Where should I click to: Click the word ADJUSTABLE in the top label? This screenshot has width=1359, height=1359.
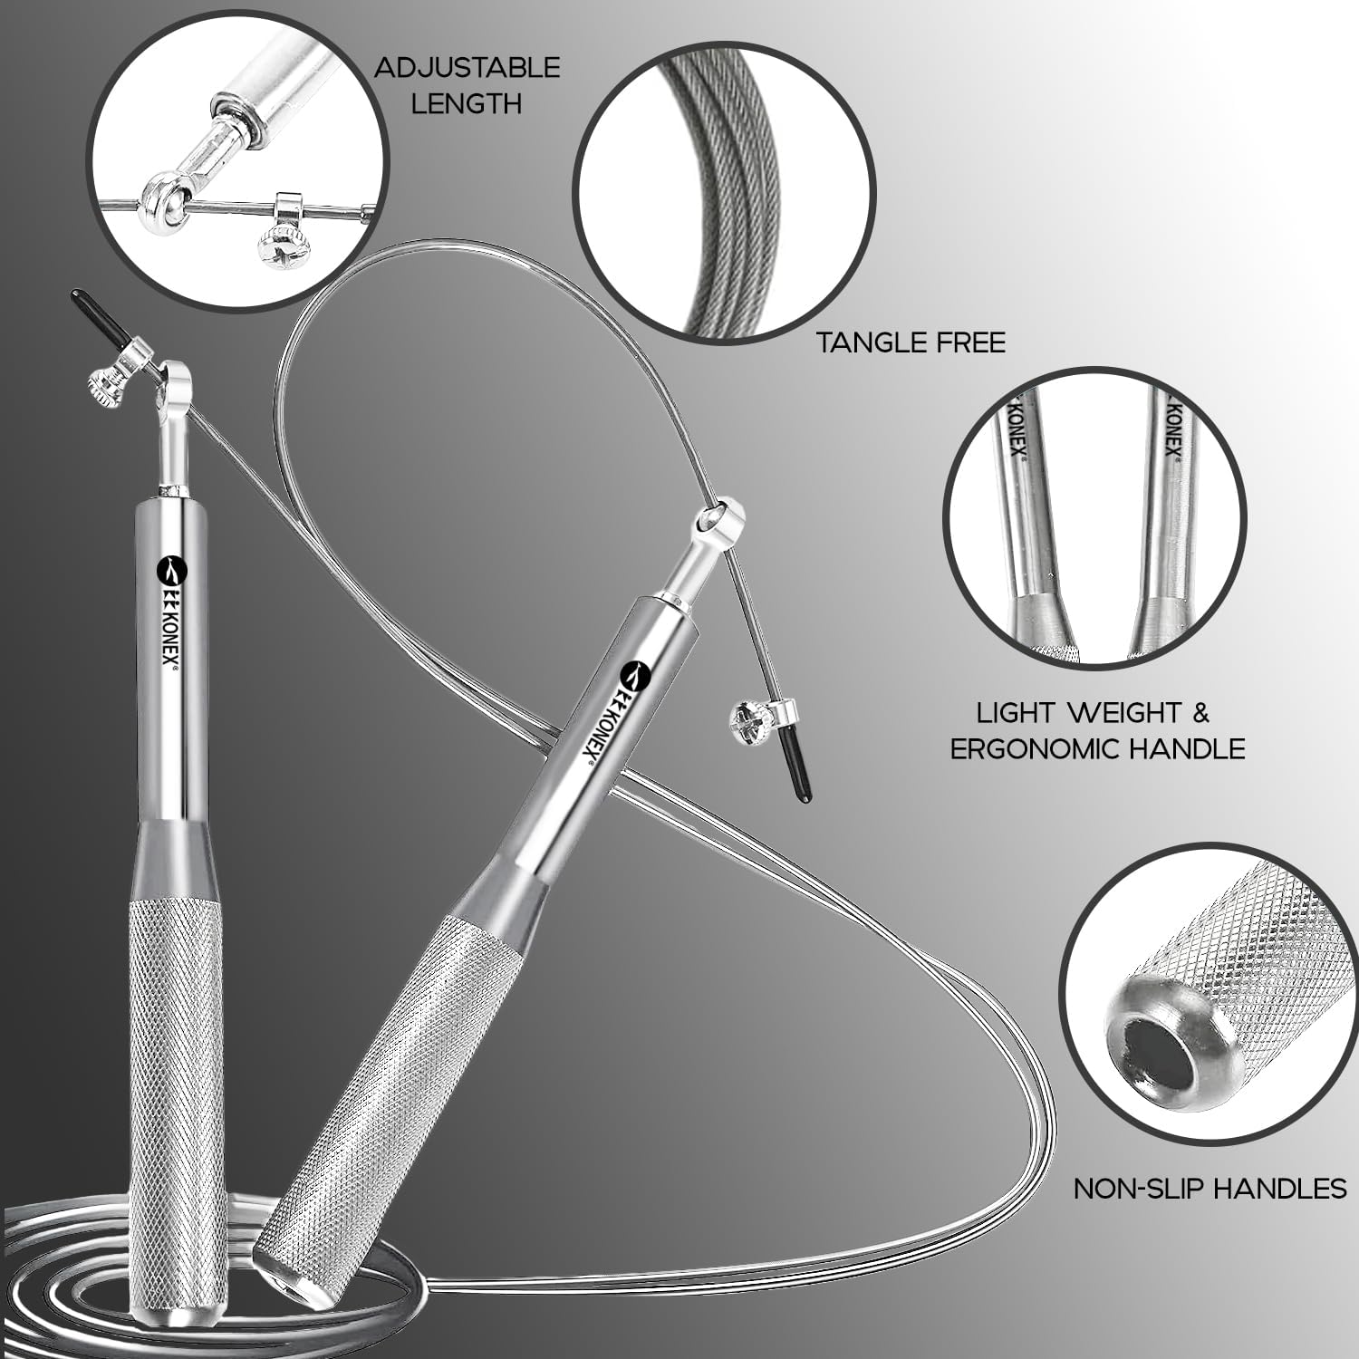(x=467, y=68)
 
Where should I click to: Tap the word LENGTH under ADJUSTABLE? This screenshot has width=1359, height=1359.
(x=467, y=103)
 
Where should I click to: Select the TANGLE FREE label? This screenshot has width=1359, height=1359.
(x=911, y=342)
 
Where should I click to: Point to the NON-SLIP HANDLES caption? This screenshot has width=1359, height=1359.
(x=1210, y=1188)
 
